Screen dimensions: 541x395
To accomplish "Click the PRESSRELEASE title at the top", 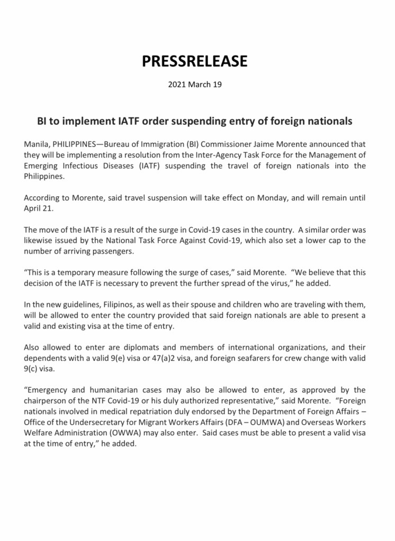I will coord(194,61).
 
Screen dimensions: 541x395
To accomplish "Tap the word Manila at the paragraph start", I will coord(36,144).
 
